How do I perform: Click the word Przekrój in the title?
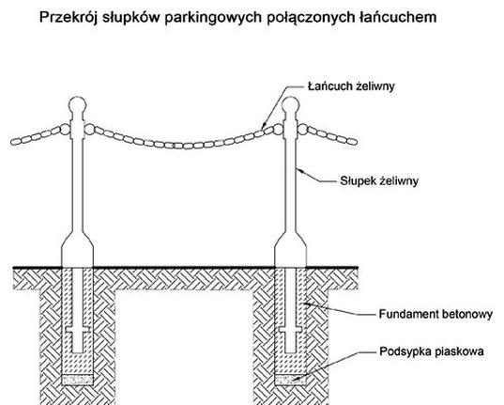[x=69, y=17]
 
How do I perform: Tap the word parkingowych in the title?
[x=213, y=18]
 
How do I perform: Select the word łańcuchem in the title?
[x=397, y=17]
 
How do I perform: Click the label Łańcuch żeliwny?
[x=351, y=86]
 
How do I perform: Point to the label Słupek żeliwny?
[x=379, y=180]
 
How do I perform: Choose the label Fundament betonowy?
[x=435, y=314]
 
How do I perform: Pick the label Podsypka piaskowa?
[x=432, y=351]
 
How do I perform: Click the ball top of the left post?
[x=78, y=105]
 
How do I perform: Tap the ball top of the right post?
[x=290, y=105]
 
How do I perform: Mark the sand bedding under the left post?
[x=78, y=380]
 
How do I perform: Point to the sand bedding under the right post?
[x=291, y=380]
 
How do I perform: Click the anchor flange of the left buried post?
[x=78, y=330]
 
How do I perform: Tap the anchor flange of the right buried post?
[x=291, y=330]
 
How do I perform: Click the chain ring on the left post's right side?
[x=89, y=129]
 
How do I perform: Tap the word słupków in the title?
[x=131, y=18]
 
